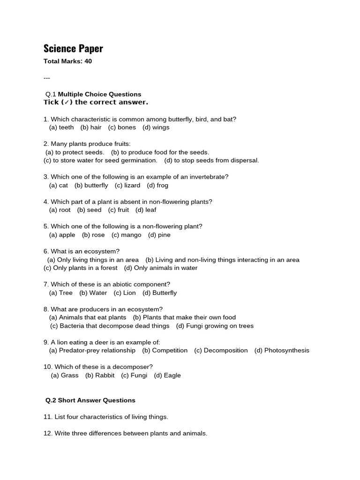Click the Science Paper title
73,48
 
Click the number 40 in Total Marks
88,61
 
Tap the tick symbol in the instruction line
67,102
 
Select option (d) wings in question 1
156,127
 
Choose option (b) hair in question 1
91,127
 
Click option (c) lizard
127,185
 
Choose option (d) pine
159,235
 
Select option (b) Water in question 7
93,292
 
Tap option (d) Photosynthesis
282,350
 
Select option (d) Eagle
167,375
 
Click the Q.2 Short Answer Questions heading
90,400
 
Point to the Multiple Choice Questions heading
99,94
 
